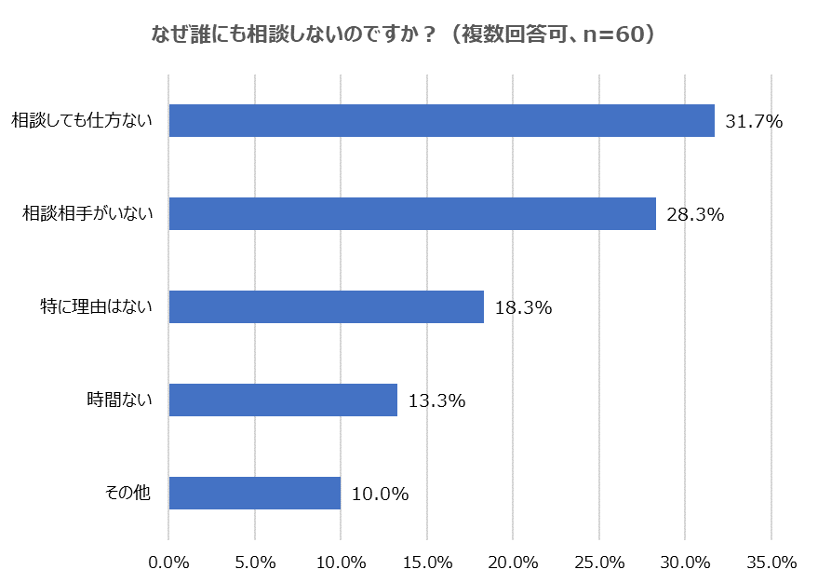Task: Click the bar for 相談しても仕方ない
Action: pos(441,121)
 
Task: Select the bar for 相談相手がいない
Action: pos(412,214)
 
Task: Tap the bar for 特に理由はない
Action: pos(326,307)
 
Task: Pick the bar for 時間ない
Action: pos(283,400)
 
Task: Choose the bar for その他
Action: pos(254,494)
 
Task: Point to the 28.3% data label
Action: pos(695,215)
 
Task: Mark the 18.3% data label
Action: pos(523,308)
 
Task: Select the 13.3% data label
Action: pos(436,401)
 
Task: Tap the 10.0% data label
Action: pos(380,495)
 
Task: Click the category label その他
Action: pos(127,494)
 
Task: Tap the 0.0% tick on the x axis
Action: pos(168,562)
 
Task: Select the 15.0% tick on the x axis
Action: pos(427,562)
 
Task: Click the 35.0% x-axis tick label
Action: pos(771,562)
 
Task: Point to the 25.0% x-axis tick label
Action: pos(599,562)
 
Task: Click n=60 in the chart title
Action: pos(610,34)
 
